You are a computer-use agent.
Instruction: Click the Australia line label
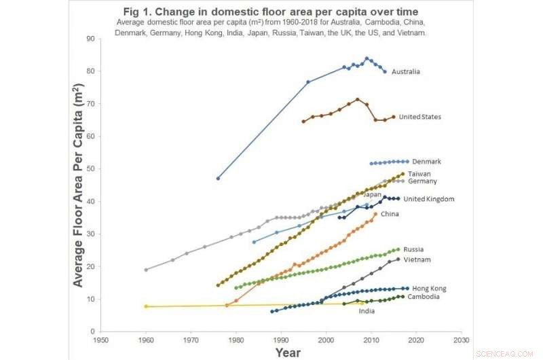pos(405,71)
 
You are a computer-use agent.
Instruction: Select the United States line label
pos(419,117)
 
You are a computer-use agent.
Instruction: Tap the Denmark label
pos(426,162)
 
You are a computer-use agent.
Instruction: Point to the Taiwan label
pos(419,174)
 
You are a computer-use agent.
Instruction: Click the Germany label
pos(422,181)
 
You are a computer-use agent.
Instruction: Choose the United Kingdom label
pos(428,199)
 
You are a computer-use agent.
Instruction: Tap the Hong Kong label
pos(429,289)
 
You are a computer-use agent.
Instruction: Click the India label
pos(367,311)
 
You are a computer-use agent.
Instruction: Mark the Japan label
pos(373,194)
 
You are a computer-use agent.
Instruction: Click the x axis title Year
pos(288,353)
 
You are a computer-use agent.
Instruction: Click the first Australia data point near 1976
pos(218,178)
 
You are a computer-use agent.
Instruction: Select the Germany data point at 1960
pos(146,270)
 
